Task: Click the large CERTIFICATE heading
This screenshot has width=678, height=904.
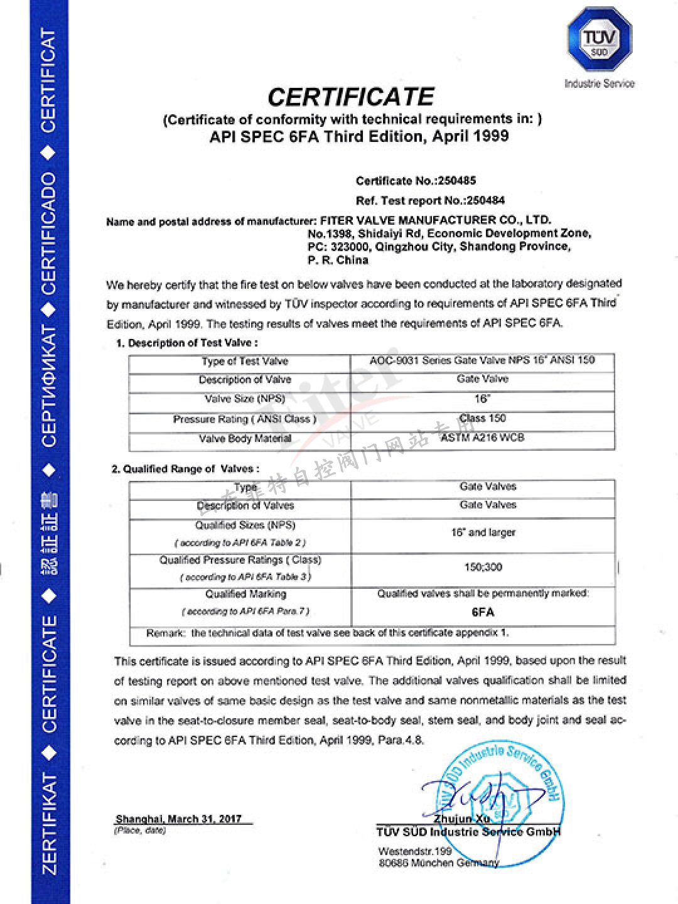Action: (x=351, y=97)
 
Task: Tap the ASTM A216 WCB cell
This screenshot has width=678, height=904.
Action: (x=482, y=438)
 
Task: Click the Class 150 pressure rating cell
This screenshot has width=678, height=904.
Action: (x=482, y=418)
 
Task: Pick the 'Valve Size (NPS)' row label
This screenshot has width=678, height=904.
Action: (x=245, y=399)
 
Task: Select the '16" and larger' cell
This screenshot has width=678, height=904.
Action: (x=483, y=532)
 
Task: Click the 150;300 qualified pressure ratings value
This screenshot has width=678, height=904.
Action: (x=483, y=567)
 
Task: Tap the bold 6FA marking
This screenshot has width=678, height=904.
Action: (x=483, y=612)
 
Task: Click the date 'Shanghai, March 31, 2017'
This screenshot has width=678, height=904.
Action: (x=179, y=819)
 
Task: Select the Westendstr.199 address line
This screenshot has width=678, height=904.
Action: (x=415, y=851)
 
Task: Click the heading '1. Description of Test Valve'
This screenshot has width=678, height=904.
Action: (x=186, y=343)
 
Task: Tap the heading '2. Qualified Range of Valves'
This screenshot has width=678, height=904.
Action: (x=185, y=469)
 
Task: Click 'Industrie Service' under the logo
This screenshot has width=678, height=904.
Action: (x=600, y=83)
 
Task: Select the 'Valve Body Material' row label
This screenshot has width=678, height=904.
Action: (x=245, y=439)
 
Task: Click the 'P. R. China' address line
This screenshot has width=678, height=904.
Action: (x=338, y=260)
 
